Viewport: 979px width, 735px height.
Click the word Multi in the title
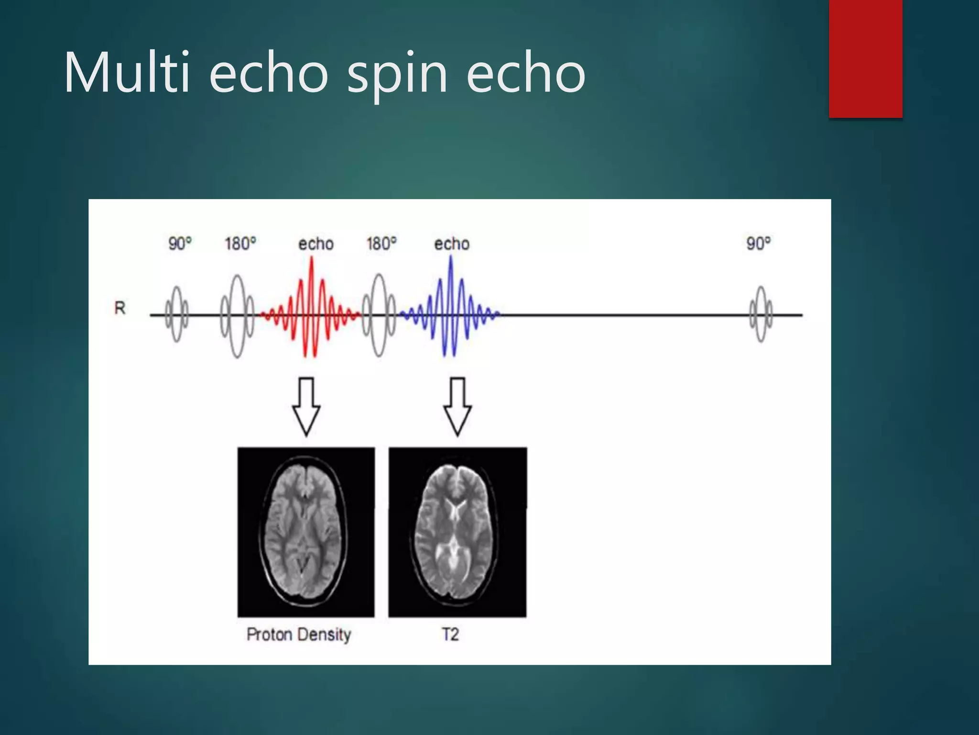tap(127, 73)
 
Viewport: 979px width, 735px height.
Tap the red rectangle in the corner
tap(865, 58)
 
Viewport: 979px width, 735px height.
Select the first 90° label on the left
tap(180, 244)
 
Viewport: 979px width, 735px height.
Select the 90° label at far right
tap(758, 243)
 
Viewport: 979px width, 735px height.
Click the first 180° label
tap(240, 244)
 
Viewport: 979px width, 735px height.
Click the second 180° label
tap(381, 244)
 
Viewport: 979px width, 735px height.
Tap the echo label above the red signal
tap(315, 244)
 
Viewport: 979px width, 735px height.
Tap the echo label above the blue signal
tap(451, 244)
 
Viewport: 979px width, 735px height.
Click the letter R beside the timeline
tap(120, 308)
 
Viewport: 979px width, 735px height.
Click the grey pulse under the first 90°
tap(176, 314)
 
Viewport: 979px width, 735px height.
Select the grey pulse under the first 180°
tap(237, 316)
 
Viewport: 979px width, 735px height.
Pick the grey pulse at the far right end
tap(761, 314)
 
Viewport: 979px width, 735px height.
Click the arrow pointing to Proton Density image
tap(306, 407)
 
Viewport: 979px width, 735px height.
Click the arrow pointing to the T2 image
tap(457, 407)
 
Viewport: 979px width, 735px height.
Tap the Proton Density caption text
tap(299, 635)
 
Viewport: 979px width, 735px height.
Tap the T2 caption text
tap(450, 635)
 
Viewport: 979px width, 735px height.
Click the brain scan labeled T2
tap(457, 532)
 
